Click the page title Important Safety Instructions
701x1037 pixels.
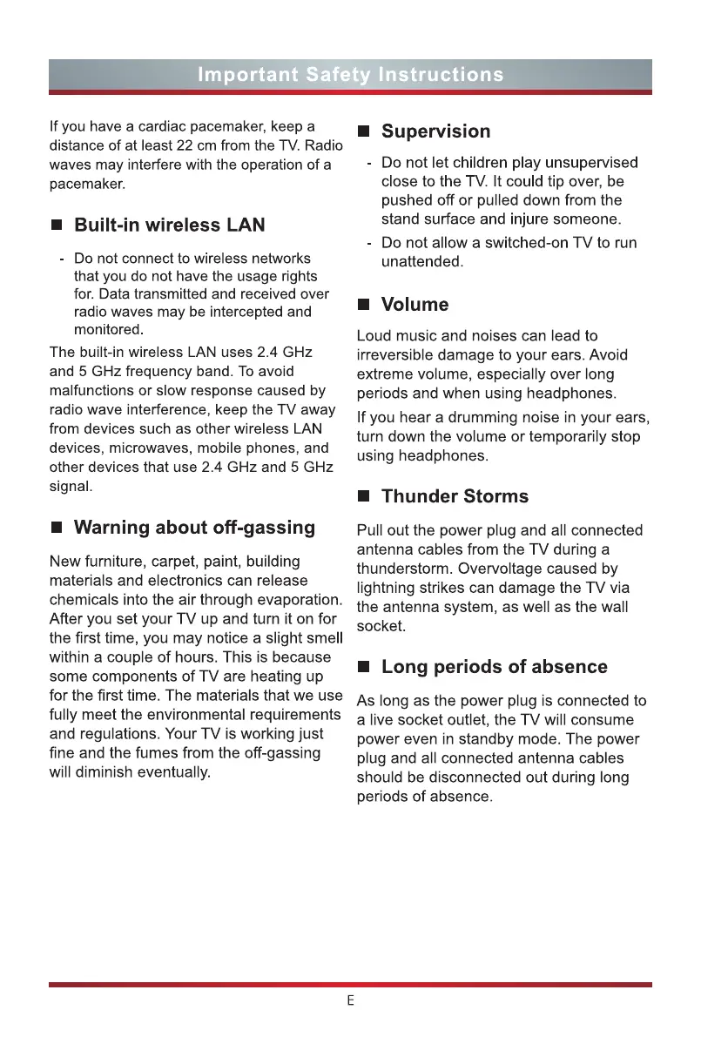(x=350, y=75)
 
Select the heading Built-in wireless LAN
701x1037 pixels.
(x=169, y=226)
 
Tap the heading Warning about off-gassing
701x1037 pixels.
(x=194, y=528)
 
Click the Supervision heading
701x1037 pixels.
(x=435, y=131)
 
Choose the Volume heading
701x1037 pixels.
(x=415, y=305)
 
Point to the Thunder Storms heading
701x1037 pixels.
(x=455, y=496)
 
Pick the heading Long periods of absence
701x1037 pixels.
(x=494, y=667)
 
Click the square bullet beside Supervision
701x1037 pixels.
(x=364, y=132)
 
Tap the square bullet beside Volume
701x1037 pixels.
(x=364, y=306)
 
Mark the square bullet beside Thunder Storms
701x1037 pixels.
(x=364, y=497)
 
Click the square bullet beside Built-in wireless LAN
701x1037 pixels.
(x=57, y=226)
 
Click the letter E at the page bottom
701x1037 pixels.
(x=350, y=1001)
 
